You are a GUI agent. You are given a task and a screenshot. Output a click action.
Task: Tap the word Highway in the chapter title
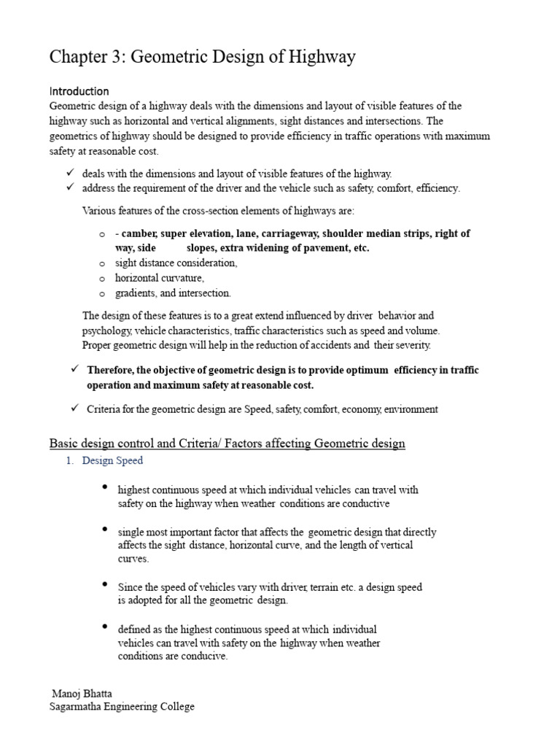tap(321, 57)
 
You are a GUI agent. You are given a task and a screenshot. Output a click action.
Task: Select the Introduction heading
tap(79, 91)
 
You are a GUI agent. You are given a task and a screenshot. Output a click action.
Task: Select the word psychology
tap(108, 330)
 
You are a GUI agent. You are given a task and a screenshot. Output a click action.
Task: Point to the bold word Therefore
tap(111, 371)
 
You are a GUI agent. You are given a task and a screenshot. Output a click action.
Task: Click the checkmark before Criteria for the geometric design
tap(74, 409)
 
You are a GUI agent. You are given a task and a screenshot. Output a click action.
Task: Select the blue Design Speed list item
tap(113, 461)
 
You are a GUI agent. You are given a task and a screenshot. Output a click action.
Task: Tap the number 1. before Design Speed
tap(71, 461)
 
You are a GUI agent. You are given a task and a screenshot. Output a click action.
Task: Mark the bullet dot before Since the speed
tap(106, 585)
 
